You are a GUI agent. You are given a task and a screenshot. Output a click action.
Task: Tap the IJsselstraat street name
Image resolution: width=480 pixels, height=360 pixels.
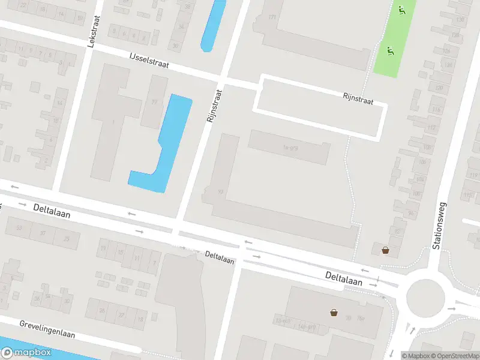click(x=148, y=59)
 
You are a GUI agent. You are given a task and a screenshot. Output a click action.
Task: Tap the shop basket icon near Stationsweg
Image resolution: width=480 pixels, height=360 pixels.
click(x=385, y=250)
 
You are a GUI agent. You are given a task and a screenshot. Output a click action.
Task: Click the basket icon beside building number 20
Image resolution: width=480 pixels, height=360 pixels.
click(x=333, y=312)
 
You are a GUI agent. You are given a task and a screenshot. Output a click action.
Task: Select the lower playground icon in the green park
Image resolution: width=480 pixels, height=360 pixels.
click(x=391, y=52)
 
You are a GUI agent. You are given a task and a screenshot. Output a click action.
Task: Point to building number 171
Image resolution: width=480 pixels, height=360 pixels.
click(x=272, y=17)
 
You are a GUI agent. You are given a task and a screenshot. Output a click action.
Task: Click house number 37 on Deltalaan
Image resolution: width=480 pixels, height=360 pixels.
click(x=43, y=233)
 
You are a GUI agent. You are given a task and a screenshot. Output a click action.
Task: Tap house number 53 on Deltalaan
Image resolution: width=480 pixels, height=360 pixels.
click(x=19, y=228)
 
